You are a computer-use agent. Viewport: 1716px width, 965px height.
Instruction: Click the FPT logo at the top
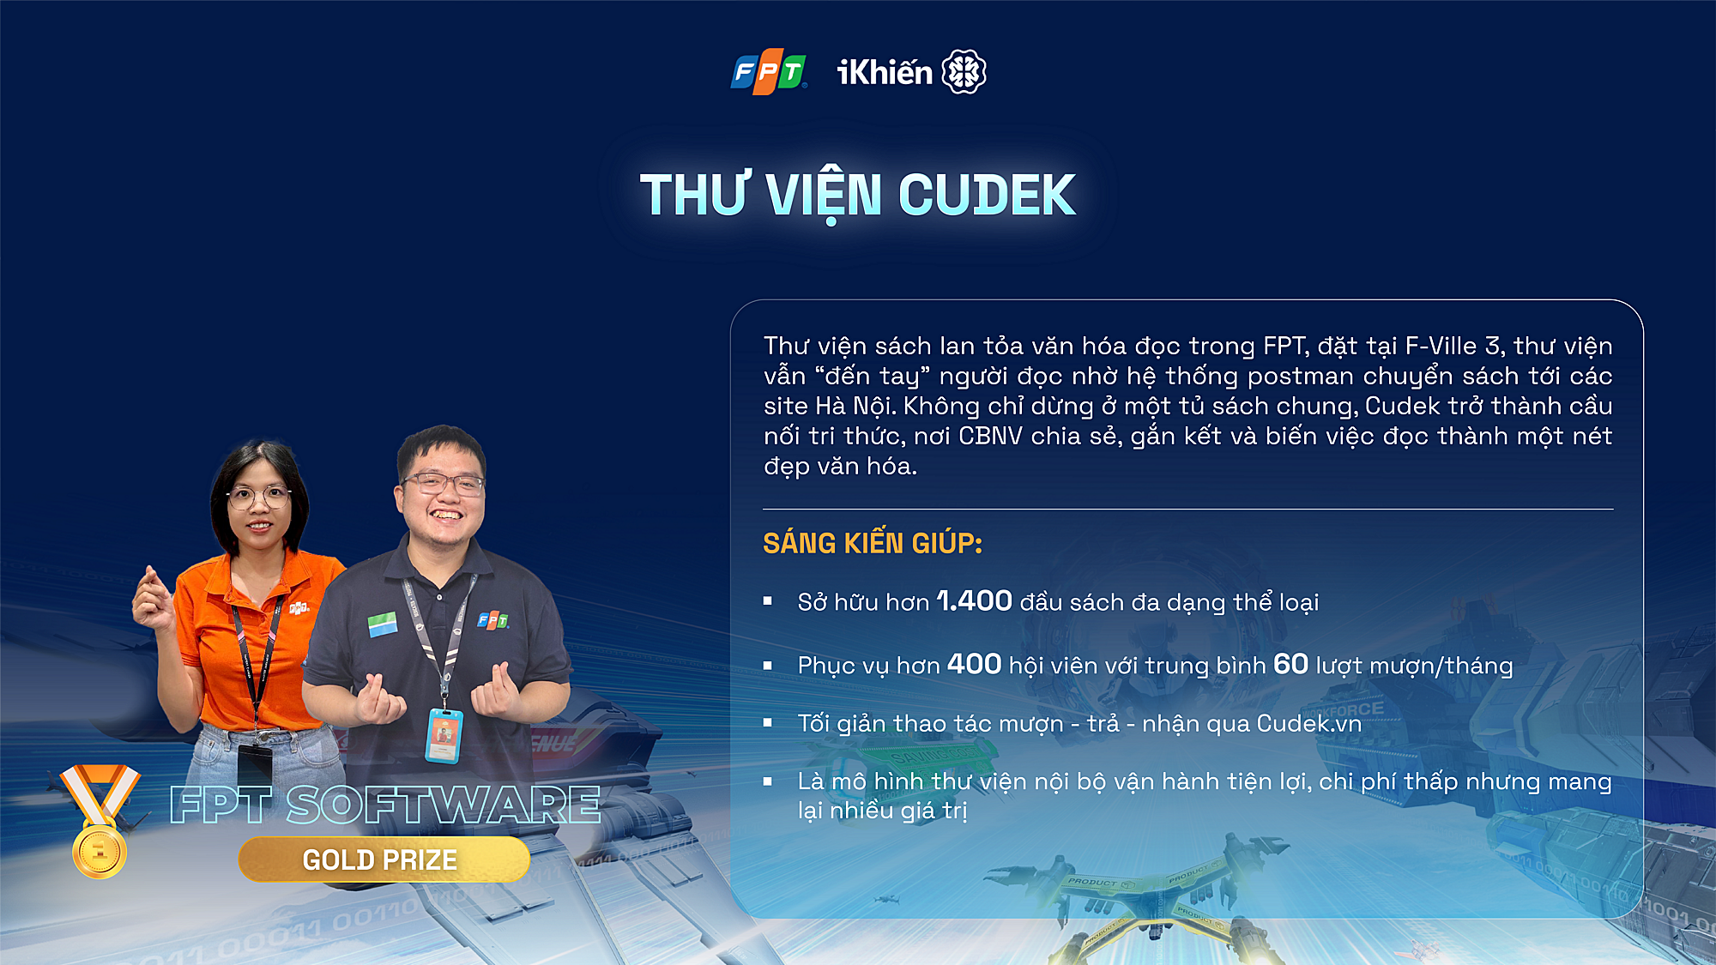tap(769, 72)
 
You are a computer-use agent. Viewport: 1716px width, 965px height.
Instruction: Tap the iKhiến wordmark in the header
tap(885, 72)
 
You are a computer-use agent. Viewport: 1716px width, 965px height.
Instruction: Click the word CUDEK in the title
tap(987, 195)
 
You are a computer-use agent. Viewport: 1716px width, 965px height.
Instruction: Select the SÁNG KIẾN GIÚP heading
tap(873, 543)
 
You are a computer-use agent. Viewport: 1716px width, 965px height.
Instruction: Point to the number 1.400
tap(974, 600)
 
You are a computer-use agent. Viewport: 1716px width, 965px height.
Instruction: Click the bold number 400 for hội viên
tap(974, 664)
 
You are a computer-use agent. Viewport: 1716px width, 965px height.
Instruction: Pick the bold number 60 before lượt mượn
tap(1290, 664)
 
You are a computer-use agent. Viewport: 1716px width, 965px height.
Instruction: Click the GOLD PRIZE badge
tap(384, 859)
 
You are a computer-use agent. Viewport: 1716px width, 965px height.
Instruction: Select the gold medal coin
tap(100, 851)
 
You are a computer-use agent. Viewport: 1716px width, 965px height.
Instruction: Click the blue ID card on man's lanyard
tap(444, 735)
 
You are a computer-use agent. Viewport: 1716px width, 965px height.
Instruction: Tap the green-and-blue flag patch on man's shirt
tap(383, 624)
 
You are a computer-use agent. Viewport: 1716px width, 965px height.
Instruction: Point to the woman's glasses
tap(258, 497)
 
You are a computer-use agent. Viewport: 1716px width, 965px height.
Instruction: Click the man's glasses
tap(444, 485)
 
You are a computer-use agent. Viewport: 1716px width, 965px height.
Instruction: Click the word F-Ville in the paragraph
tap(1441, 346)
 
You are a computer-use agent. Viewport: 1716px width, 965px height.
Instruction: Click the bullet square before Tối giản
tap(768, 723)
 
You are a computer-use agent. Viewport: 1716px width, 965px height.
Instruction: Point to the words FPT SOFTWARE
tap(384, 805)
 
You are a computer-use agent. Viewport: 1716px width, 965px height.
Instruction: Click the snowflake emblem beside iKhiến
tap(964, 71)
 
